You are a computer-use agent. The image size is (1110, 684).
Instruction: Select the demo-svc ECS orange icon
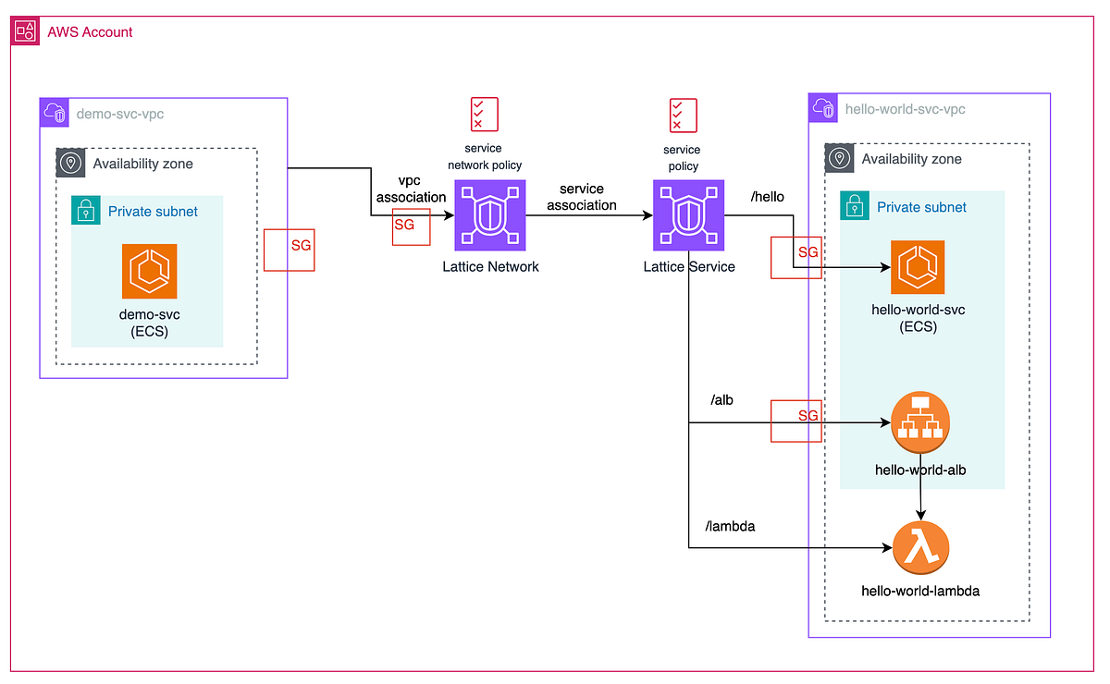[x=149, y=272]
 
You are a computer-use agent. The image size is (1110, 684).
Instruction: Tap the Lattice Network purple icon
[x=489, y=215]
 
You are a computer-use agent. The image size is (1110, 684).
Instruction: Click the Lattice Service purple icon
[x=688, y=215]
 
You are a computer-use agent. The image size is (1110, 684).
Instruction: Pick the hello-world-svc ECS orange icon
[x=917, y=267]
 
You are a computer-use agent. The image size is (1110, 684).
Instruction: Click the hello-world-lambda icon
[x=921, y=548]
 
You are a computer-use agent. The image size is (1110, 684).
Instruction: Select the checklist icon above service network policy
[x=485, y=113]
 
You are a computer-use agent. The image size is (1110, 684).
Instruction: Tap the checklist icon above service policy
[x=683, y=115]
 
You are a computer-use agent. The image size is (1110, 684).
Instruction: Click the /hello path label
[x=768, y=196]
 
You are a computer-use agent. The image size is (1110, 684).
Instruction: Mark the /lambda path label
[x=730, y=526]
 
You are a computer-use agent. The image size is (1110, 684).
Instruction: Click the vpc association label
[x=410, y=189]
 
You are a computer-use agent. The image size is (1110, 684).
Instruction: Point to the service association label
[x=581, y=197]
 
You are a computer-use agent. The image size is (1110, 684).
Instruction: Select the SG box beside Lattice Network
[x=411, y=226]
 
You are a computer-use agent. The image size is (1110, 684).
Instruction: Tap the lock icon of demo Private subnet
[x=86, y=211]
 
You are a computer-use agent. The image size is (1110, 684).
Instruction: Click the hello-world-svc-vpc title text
[x=905, y=109]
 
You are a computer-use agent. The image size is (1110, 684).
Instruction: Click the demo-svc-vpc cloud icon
[x=55, y=114]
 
